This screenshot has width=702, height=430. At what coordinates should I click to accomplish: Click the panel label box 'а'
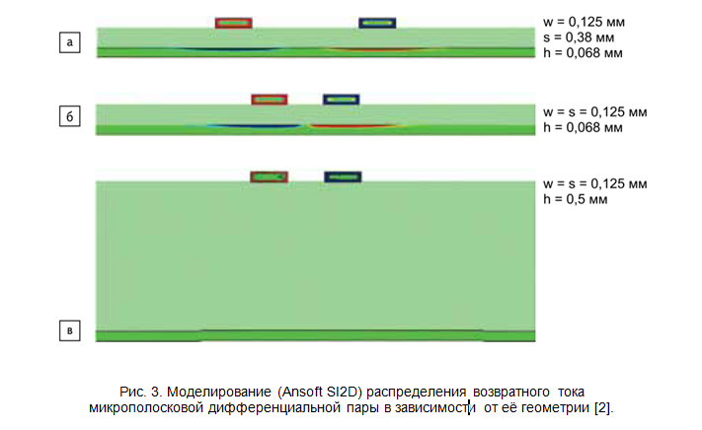(69, 42)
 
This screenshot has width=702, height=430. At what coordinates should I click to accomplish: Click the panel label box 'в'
(69, 331)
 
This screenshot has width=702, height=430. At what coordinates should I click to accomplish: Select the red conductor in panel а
(233, 22)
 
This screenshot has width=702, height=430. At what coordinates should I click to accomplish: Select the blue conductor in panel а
(377, 22)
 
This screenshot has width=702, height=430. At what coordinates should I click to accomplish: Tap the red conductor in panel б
(270, 99)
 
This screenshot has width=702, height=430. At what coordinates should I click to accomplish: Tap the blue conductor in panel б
(342, 99)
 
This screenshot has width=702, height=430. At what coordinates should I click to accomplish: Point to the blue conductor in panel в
(342, 177)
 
